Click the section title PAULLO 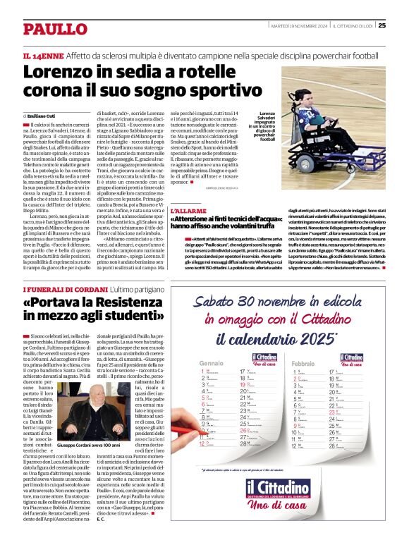click(54, 29)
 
